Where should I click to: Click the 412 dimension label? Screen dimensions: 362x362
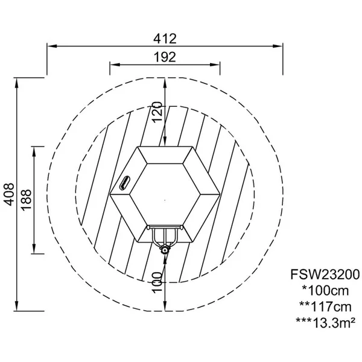click(x=165, y=39)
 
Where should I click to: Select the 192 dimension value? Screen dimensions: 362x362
click(x=165, y=57)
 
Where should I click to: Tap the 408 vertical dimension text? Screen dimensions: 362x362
click(x=10, y=194)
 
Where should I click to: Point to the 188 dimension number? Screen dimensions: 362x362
click(x=26, y=200)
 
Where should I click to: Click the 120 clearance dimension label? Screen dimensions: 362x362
click(x=157, y=112)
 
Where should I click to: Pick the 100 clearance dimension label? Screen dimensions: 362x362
click(x=157, y=282)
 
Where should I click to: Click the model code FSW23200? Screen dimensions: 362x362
click(x=325, y=275)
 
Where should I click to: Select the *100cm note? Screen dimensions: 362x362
click(x=325, y=291)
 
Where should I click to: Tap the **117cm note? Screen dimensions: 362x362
click(x=325, y=306)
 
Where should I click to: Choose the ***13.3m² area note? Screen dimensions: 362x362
click(x=326, y=323)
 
